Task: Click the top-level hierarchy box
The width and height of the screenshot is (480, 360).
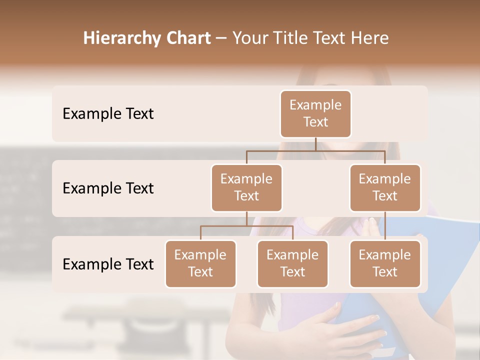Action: [315, 114]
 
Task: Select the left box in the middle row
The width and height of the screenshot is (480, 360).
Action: [246, 188]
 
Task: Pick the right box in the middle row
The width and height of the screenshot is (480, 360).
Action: [385, 188]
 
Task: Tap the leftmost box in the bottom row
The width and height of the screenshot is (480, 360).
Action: [200, 264]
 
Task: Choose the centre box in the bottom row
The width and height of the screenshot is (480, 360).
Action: [292, 264]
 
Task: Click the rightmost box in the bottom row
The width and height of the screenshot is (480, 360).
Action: [385, 264]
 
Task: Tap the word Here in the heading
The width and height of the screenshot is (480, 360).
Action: [369, 38]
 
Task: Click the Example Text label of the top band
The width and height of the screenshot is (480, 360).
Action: [108, 114]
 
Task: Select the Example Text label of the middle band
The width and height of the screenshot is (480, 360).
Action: [108, 188]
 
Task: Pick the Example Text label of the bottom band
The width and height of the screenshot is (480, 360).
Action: [108, 264]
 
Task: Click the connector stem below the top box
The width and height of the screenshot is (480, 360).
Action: [315, 144]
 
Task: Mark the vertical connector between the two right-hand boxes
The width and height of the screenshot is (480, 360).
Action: [385, 226]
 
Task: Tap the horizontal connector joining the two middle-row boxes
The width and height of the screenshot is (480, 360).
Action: [315, 150]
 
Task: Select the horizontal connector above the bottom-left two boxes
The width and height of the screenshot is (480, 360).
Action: [246, 226]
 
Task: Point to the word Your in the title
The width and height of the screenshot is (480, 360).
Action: [249, 38]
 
